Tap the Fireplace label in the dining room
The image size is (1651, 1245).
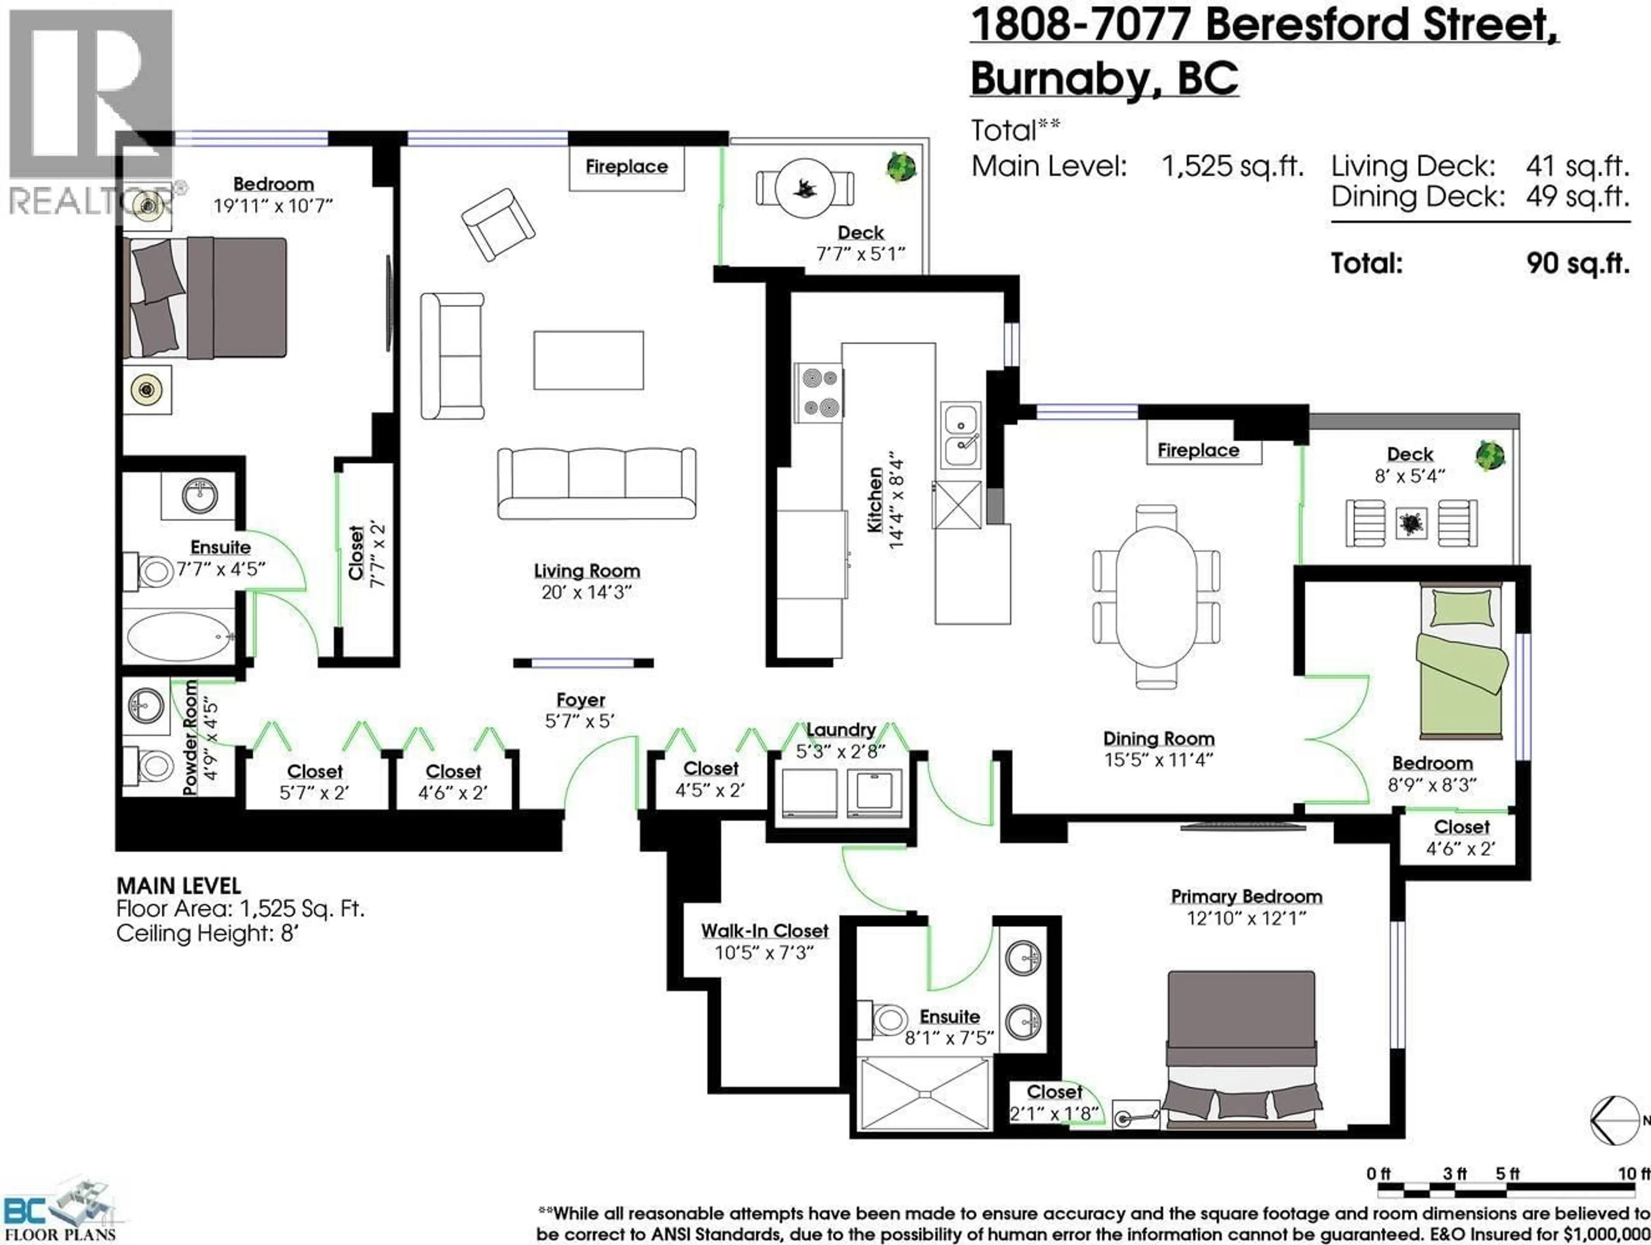[x=1198, y=451]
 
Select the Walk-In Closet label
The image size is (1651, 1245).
[x=764, y=931]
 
